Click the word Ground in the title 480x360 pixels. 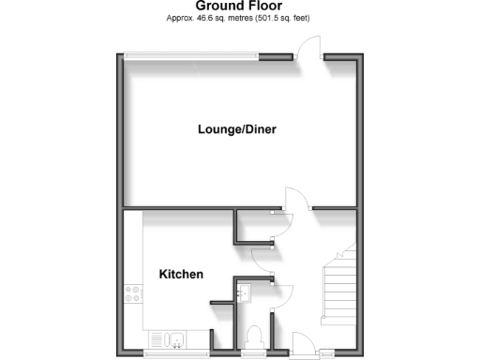[x=217, y=6]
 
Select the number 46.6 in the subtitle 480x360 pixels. [x=205, y=18]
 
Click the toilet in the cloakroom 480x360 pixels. [x=253, y=336]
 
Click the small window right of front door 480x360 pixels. [x=328, y=354]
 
